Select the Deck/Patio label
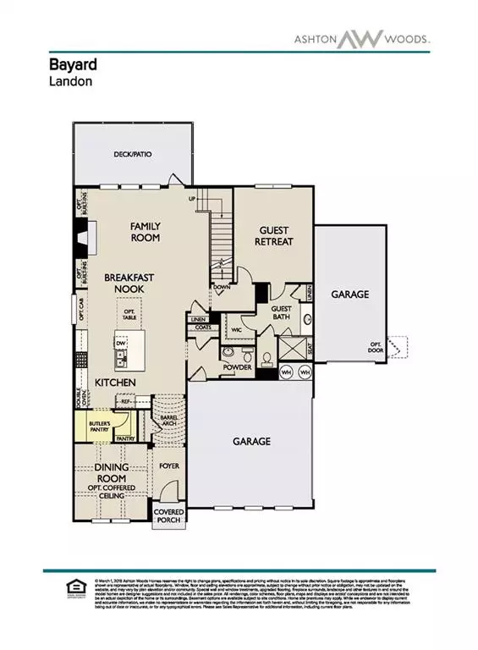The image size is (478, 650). point(131,155)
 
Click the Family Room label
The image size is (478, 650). point(145,232)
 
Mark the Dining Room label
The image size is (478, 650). point(111,471)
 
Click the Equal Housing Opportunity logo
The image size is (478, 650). point(72,589)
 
